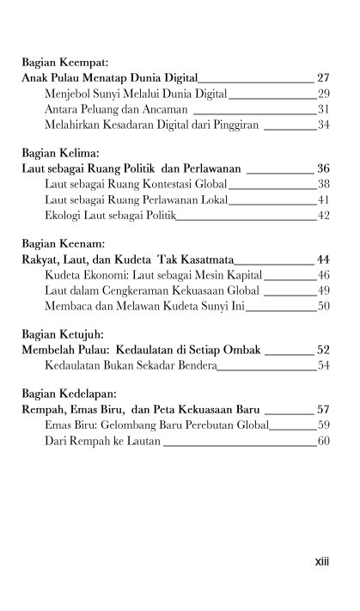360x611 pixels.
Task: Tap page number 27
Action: tap(323, 78)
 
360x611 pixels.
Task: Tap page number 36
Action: tap(323, 169)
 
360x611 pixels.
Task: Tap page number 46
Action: tap(324, 275)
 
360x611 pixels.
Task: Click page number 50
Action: tap(324, 306)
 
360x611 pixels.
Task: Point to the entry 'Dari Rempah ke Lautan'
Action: tap(102, 441)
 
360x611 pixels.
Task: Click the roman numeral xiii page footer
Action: tap(322, 563)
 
